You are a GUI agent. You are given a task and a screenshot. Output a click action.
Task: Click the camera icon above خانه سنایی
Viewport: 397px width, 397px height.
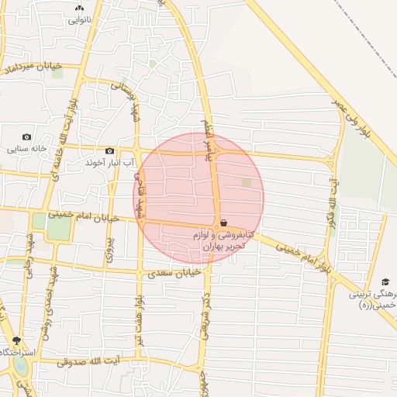pyautogui.click(x=27, y=136)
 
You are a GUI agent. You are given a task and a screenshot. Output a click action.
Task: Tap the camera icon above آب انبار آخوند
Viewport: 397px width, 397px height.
pyautogui.click(x=109, y=150)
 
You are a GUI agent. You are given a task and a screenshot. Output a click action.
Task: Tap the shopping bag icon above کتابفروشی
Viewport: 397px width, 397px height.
pyautogui.click(x=223, y=223)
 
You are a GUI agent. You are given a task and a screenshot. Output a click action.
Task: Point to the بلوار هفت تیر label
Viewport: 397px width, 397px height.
pyautogui.click(x=138, y=323)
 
